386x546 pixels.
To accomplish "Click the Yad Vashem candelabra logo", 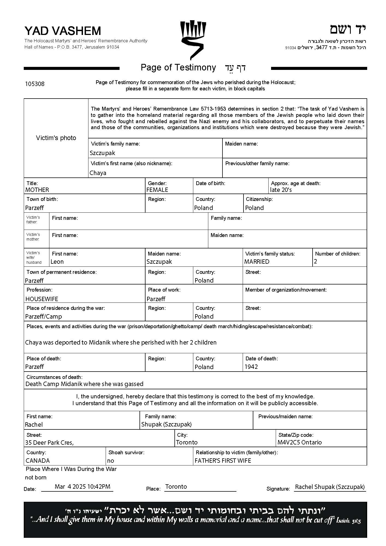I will [193, 40].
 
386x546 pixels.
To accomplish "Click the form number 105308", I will [35, 84].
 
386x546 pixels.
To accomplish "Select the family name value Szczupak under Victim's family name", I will [102, 153].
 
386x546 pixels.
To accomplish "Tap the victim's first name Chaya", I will [98, 173].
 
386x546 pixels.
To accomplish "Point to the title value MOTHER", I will [37, 190].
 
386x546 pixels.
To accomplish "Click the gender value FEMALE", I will [157, 190].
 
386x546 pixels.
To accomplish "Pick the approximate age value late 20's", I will [281, 190].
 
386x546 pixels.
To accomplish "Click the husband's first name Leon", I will [57, 262].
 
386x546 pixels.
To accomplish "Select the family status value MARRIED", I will [257, 262].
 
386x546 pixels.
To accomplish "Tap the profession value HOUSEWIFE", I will [42, 299].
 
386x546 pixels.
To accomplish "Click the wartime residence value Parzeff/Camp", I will [43, 316].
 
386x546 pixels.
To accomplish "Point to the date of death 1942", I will [251, 367].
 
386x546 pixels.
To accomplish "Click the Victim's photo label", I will [56, 138].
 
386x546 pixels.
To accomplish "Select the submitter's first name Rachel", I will [34, 425].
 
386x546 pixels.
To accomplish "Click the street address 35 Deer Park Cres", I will [49, 443].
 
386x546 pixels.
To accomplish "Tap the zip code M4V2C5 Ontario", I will [299, 442].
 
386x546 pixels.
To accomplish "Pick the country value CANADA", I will [38, 461].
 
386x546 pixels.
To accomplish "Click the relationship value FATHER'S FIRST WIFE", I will [223, 461].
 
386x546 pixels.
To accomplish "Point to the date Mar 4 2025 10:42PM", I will [82, 486].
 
